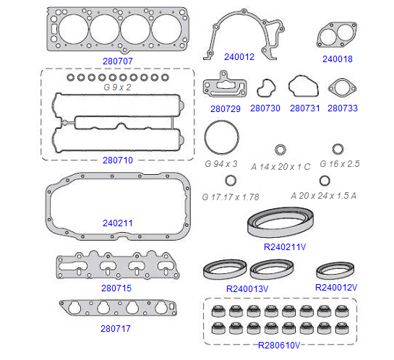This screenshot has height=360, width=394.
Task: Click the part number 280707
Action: (x=118, y=61)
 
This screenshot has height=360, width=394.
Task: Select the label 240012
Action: (x=239, y=57)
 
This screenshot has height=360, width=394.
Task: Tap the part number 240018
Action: (x=338, y=59)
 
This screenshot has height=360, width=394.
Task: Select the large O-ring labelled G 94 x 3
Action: (x=205, y=137)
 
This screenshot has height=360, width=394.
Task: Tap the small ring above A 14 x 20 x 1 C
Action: (x=276, y=150)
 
